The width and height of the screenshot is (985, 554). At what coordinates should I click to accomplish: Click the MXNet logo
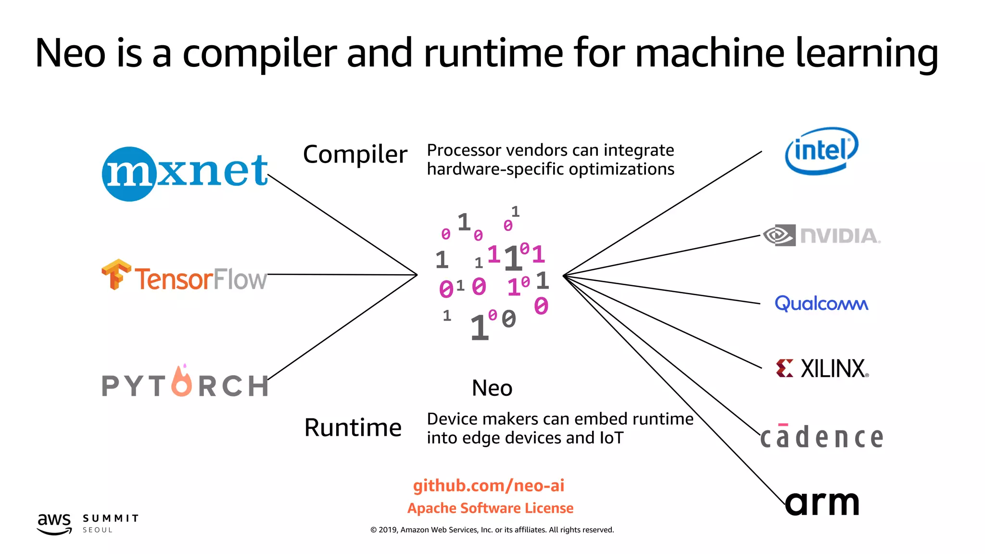point(184,173)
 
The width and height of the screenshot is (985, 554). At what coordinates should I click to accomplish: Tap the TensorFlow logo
point(184,276)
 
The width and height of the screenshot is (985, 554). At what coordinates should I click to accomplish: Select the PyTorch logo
point(184,383)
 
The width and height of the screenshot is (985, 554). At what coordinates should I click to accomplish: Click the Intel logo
point(821,151)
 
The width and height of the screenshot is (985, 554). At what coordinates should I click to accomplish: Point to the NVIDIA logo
point(821,236)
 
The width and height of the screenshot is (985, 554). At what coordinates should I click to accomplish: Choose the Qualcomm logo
point(821,303)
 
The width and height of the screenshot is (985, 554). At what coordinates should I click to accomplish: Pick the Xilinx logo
point(822,369)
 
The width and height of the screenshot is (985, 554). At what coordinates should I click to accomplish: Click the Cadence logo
point(821,437)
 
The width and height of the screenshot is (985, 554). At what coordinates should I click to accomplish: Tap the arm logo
point(822,503)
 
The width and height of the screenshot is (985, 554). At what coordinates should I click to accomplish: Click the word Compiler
point(355,155)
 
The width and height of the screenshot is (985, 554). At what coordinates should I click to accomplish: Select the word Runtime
point(353,428)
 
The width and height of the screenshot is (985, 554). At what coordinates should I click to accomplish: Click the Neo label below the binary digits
point(492,388)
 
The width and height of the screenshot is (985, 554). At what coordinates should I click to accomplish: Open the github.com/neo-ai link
point(489,486)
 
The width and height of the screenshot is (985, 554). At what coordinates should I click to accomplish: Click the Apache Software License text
point(490,508)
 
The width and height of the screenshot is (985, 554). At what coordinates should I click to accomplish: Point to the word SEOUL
point(98,530)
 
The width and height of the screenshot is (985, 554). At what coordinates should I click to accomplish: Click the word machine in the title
point(710,53)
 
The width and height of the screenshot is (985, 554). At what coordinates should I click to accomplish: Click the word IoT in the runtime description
point(611,438)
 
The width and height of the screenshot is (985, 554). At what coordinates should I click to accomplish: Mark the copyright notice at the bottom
point(492,530)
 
